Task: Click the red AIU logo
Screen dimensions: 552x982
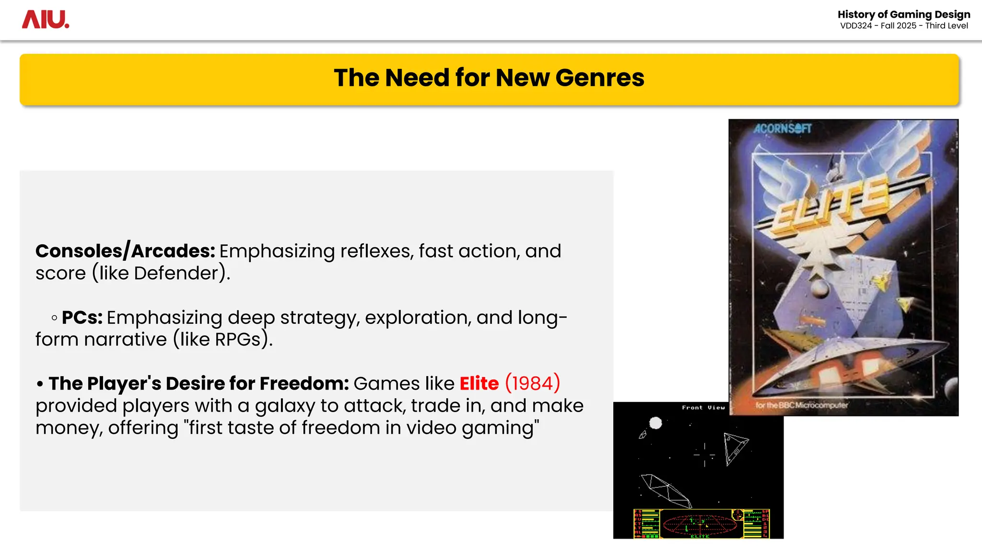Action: click(x=46, y=20)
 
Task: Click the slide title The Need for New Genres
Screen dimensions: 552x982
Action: click(x=489, y=78)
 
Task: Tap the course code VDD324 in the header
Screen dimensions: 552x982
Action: click(x=856, y=26)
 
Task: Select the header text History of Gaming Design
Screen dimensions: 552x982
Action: click(x=903, y=14)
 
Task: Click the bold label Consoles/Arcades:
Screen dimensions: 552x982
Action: click(x=125, y=251)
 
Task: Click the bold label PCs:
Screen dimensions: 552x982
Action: click(x=82, y=318)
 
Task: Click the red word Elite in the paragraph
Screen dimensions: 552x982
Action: click(x=479, y=383)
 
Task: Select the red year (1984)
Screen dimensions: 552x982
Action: click(x=532, y=383)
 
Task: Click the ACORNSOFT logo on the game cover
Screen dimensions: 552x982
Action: click(x=783, y=128)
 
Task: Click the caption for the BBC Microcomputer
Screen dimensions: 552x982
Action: click(x=801, y=405)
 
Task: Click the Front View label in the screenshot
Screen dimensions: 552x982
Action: click(x=703, y=408)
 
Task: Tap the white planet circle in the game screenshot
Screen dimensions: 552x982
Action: click(x=655, y=423)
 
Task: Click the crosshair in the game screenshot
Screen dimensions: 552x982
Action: click(x=704, y=455)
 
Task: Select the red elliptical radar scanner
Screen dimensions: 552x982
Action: click(x=701, y=524)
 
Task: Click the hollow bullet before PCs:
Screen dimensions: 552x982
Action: click(x=54, y=318)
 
